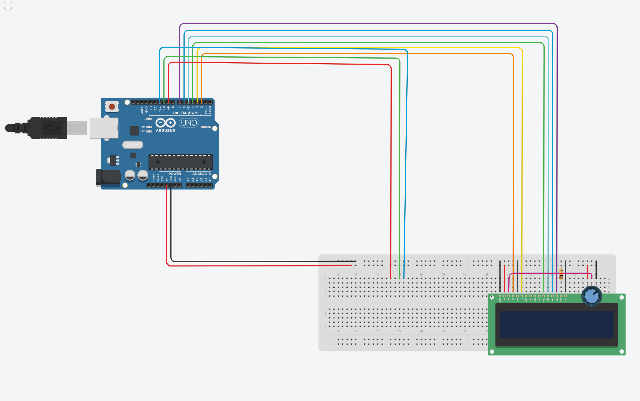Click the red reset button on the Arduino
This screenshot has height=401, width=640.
pos(112,107)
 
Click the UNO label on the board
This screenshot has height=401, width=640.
pos(189,123)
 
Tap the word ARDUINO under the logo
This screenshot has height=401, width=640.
pos(165,131)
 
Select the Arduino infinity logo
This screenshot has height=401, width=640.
pos(165,123)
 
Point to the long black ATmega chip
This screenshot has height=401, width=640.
pos(180,162)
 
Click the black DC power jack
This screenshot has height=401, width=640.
pos(108,177)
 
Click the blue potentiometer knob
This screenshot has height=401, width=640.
pos(592,296)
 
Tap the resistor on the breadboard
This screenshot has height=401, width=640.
pos(561,275)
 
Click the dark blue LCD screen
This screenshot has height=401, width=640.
pos(556,325)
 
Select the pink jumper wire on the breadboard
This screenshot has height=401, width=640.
pos(550,273)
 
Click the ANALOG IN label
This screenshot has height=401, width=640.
pos(202,174)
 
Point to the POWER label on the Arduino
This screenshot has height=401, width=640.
pos(175,174)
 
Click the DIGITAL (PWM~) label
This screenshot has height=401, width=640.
pos(187,113)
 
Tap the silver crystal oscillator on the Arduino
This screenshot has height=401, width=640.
pos(133,145)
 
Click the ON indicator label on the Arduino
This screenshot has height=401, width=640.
pos(209,127)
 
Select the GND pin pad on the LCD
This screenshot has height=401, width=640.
pos(500,296)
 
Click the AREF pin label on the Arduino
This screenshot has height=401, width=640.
pos(142,110)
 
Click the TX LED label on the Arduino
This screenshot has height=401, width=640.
pos(143,127)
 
